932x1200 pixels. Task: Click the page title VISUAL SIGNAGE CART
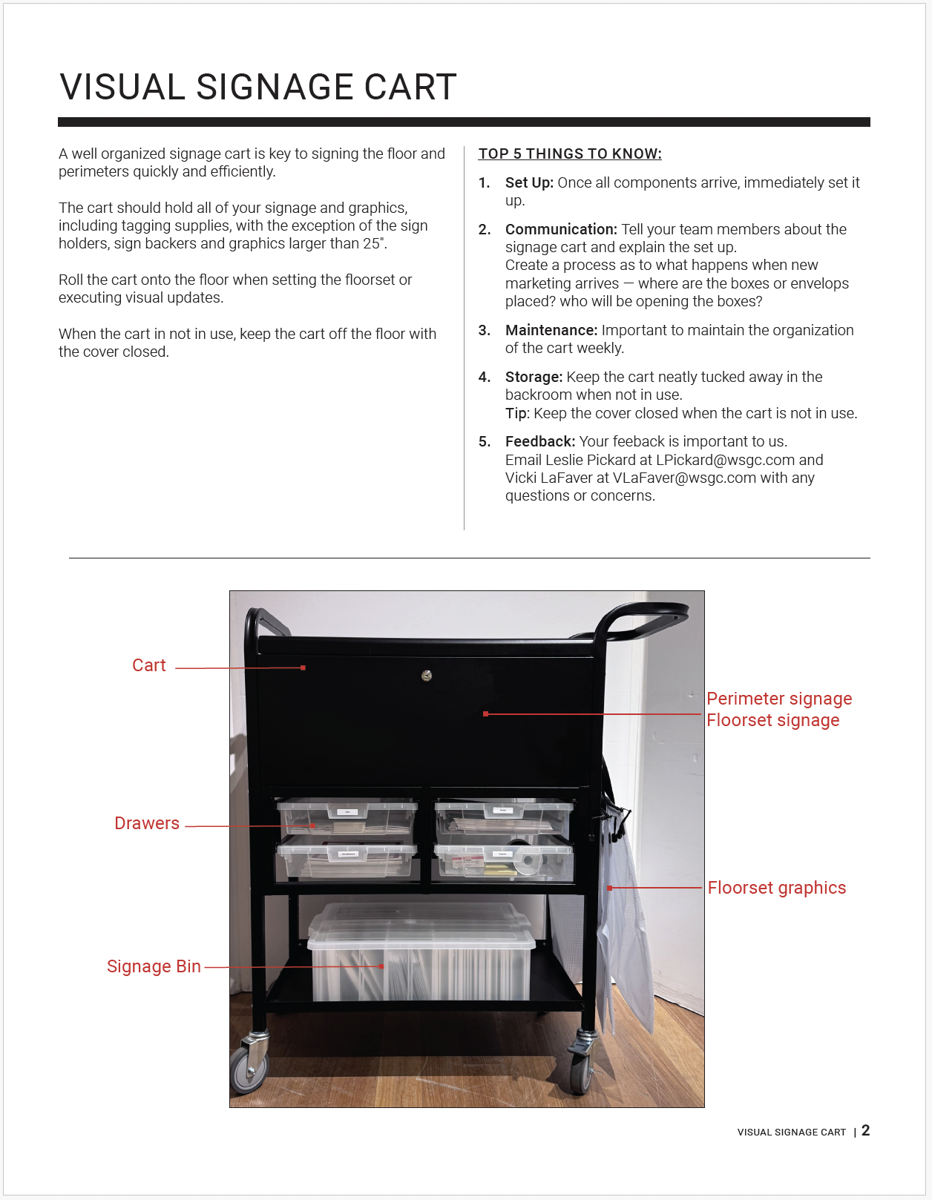257,88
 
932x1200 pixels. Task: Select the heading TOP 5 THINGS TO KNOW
569,154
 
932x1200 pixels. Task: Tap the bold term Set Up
528,182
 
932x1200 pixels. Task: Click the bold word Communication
560,229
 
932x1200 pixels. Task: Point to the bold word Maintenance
551,330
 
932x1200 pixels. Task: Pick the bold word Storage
534,377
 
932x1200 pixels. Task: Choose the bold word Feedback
539,441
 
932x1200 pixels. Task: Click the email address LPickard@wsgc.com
725,460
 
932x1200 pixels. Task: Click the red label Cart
148,665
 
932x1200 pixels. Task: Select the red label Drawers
147,823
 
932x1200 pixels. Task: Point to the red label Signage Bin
154,966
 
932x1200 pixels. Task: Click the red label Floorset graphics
776,888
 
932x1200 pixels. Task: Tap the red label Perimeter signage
778,699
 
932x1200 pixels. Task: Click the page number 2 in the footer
865,1130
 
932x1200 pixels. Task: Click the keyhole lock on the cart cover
427,676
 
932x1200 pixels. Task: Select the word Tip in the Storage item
516,413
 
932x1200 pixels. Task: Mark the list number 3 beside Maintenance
484,330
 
